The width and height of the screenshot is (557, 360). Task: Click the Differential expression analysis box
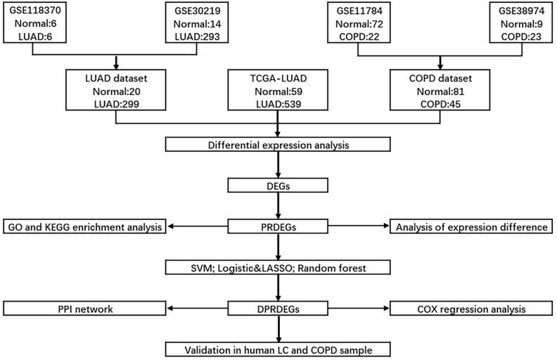pos(278,146)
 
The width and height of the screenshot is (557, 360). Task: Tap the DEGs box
pos(278,186)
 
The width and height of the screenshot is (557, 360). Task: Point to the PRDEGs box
pos(278,226)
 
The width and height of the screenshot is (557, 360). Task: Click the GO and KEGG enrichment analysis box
pos(85,226)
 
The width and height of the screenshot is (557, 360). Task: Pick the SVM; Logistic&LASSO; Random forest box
pos(278,267)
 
